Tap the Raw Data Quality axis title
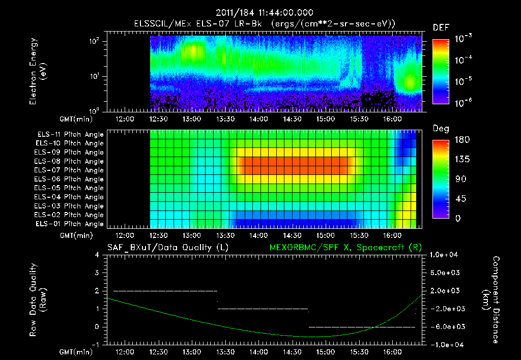pos(39,300)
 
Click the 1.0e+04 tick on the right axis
pos(446,255)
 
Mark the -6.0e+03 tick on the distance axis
pos(446,326)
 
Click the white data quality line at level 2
pos(165,291)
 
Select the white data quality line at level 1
pos(263,309)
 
